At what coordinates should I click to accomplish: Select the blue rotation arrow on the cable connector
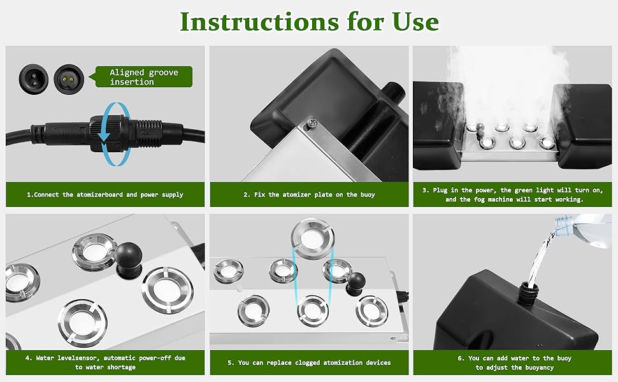pos(103,132)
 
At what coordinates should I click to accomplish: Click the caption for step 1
pos(105,195)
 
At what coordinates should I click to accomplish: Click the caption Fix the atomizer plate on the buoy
pos(309,195)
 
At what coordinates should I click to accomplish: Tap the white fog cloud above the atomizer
pos(510,83)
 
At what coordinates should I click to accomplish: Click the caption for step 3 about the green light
pos(512,195)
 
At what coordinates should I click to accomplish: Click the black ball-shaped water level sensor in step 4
pos(130,256)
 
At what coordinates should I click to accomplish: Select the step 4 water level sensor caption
pos(105,362)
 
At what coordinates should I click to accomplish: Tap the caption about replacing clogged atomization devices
pos(309,362)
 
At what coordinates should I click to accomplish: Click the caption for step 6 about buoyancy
pos(512,362)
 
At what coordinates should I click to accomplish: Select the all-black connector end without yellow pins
pos(29,77)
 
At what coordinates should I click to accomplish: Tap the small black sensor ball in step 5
pos(356,279)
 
